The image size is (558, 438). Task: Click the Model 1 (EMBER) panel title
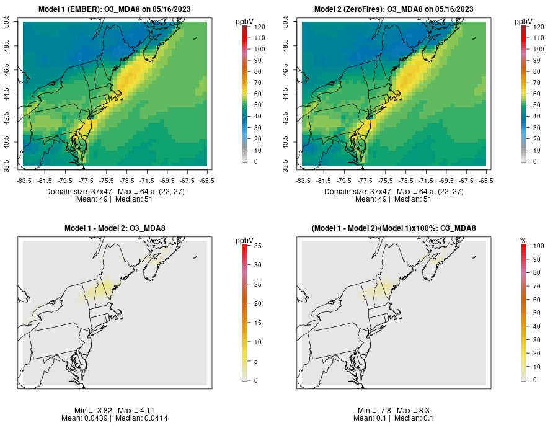pyautogui.click(x=115, y=9)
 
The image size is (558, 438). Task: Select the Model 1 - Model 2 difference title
pyautogui.click(x=115, y=228)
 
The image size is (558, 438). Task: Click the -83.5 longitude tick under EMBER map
pyautogui.click(x=24, y=181)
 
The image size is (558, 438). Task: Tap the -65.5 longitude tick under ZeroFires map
pyautogui.click(x=485, y=181)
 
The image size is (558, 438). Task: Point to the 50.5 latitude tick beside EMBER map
pyautogui.click(x=8, y=23)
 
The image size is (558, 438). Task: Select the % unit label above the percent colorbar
pyautogui.click(x=523, y=241)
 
